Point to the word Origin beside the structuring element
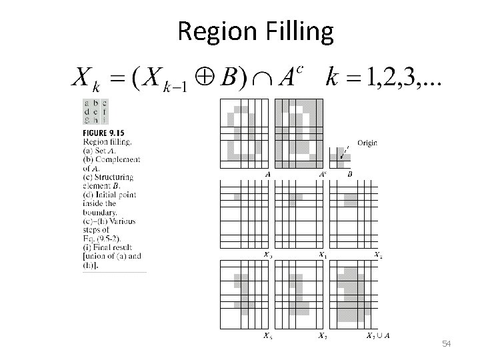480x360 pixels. [x=368, y=142]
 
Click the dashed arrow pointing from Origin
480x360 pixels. [x=345, y=153]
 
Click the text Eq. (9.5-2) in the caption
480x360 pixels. [x=102, y=238]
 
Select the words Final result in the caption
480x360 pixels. [x=109, y=247]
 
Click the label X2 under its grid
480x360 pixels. [x=378, y=255]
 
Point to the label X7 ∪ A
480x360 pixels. [x=379, y=335]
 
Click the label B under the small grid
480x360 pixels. [x=350, y=174]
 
